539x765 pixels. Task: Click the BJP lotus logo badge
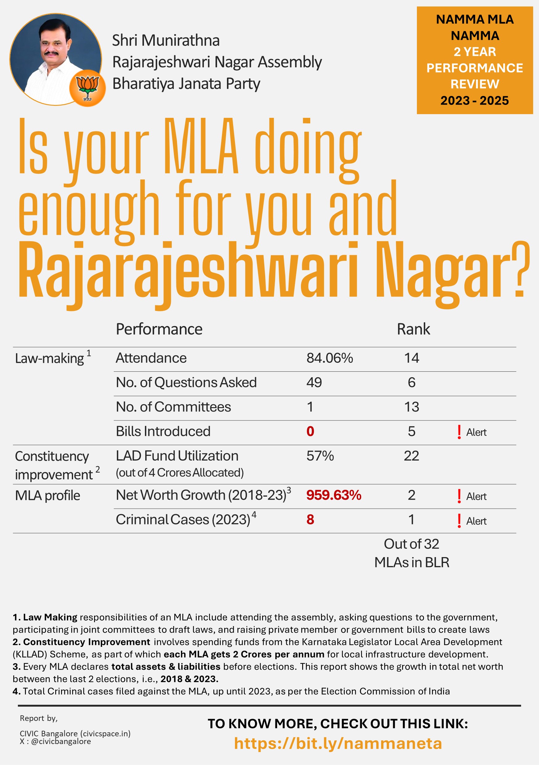coord(87,88)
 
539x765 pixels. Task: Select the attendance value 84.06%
coord(329,358)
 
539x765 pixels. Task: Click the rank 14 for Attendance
coord(411,358)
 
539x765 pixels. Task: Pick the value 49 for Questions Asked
coord(314,382)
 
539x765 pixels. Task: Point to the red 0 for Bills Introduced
coord(310,432)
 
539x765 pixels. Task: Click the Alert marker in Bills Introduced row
coord(472,432)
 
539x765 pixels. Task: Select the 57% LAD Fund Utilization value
coord(320,456)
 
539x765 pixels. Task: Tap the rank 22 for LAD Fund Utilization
coord(411,456)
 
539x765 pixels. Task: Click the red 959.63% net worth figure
coord(333,495)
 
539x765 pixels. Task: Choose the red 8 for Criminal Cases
coord(310,519)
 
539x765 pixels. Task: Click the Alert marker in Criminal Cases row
coord(472,521)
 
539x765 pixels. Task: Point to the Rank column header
coord(413,329)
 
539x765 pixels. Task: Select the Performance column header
coord(159,329)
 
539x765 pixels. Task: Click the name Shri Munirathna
coord(166,41)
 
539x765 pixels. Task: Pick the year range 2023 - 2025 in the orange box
coord(474,101)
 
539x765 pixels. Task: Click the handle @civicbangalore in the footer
coord(61,741)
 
